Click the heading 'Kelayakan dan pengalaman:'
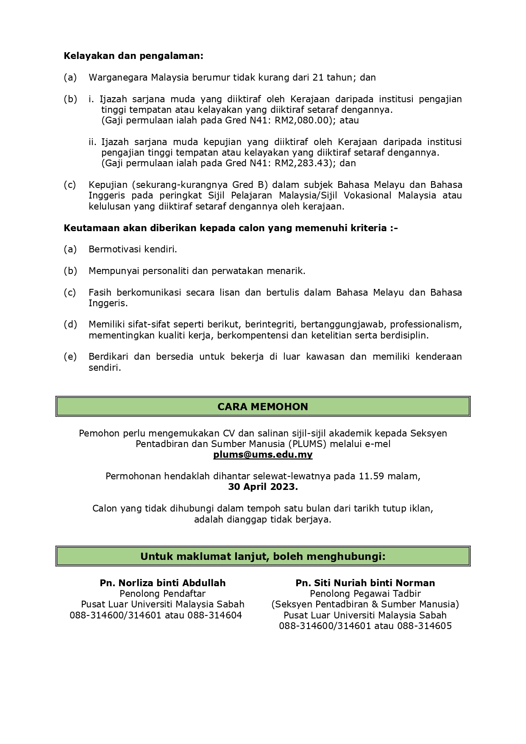pyautogui.click(x=133, y=56)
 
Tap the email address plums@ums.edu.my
pyautogui.click(x=263, y=455)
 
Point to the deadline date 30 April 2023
pyautogui.click(x=263, y=487)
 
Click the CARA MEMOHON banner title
pyautogui.click(x=263, y=407)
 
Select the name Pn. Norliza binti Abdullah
pyautogui.click(x=163, y=583)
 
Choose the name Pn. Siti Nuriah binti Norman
pyautogui.click(x=365, y=583)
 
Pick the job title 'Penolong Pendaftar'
pyautogui.click(x=163, y=593)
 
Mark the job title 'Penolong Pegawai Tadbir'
pyautogui.click(x=365, y=593)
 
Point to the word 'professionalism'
pyautogui.click(x=426, y=324)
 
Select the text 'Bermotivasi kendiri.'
pyautogui.click(x=133, y=249)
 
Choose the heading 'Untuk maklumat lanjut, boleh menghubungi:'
pyautogui.click(x=263, y=556)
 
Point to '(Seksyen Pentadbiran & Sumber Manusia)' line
pyautogui.click(x=365, y=604)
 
